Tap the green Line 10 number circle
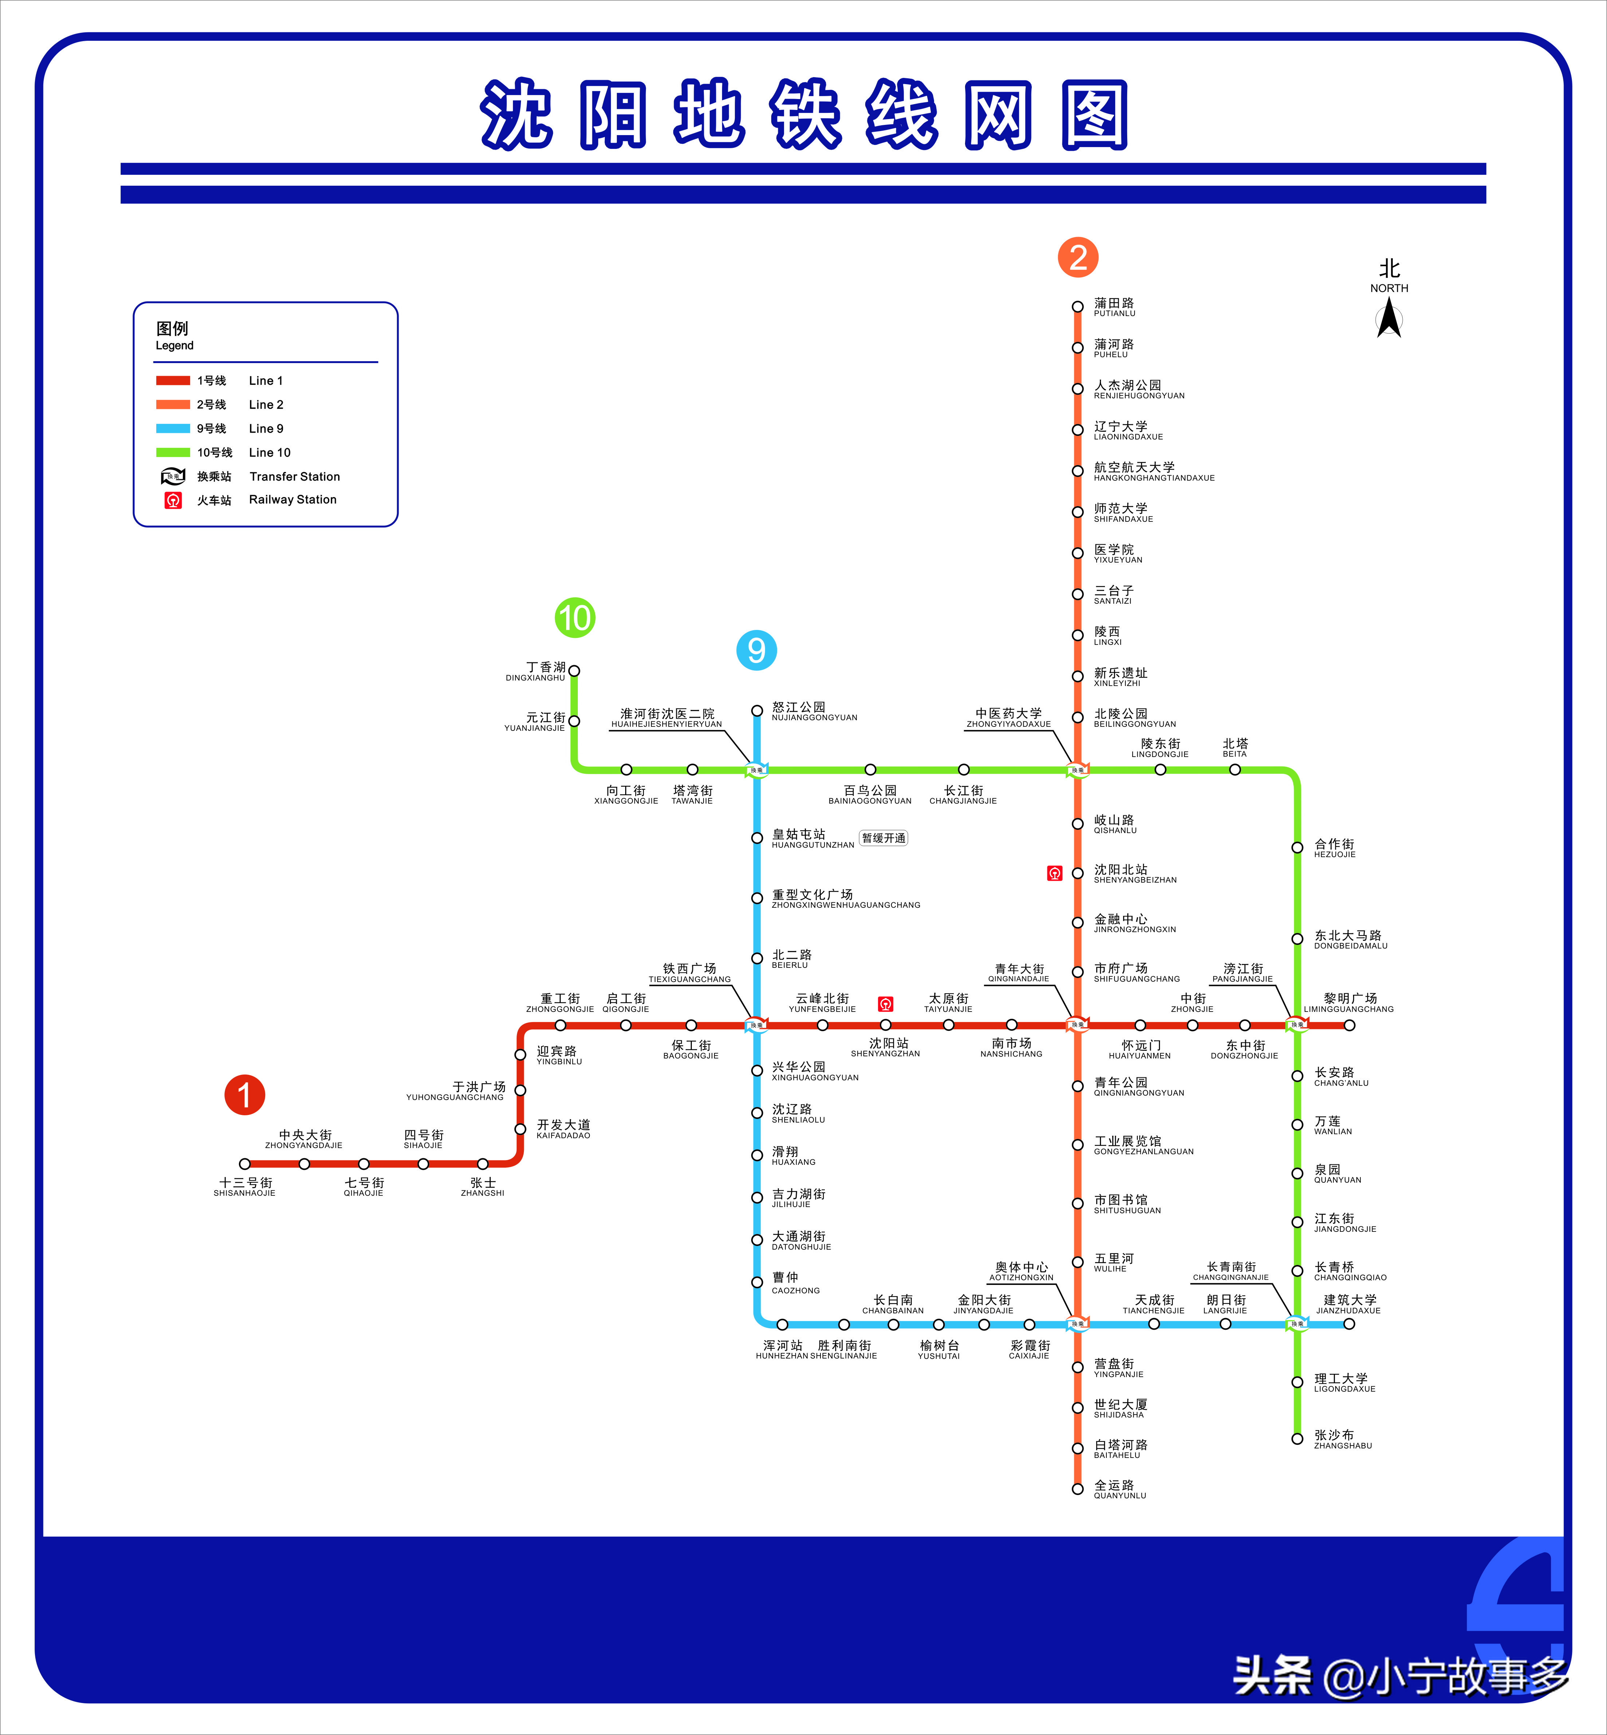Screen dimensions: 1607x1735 point(575,618)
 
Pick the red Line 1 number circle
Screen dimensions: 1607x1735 point(244,1095)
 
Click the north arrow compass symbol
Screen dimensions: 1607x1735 point(1389,317)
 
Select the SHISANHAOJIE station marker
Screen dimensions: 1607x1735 point(245,1164)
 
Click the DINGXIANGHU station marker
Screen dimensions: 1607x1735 point(574,670)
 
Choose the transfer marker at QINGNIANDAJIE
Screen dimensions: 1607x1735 point(1077,1025)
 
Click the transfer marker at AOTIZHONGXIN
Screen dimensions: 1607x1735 point(1077,1324)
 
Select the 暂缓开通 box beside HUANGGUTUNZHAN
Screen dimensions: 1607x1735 point(883,838)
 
